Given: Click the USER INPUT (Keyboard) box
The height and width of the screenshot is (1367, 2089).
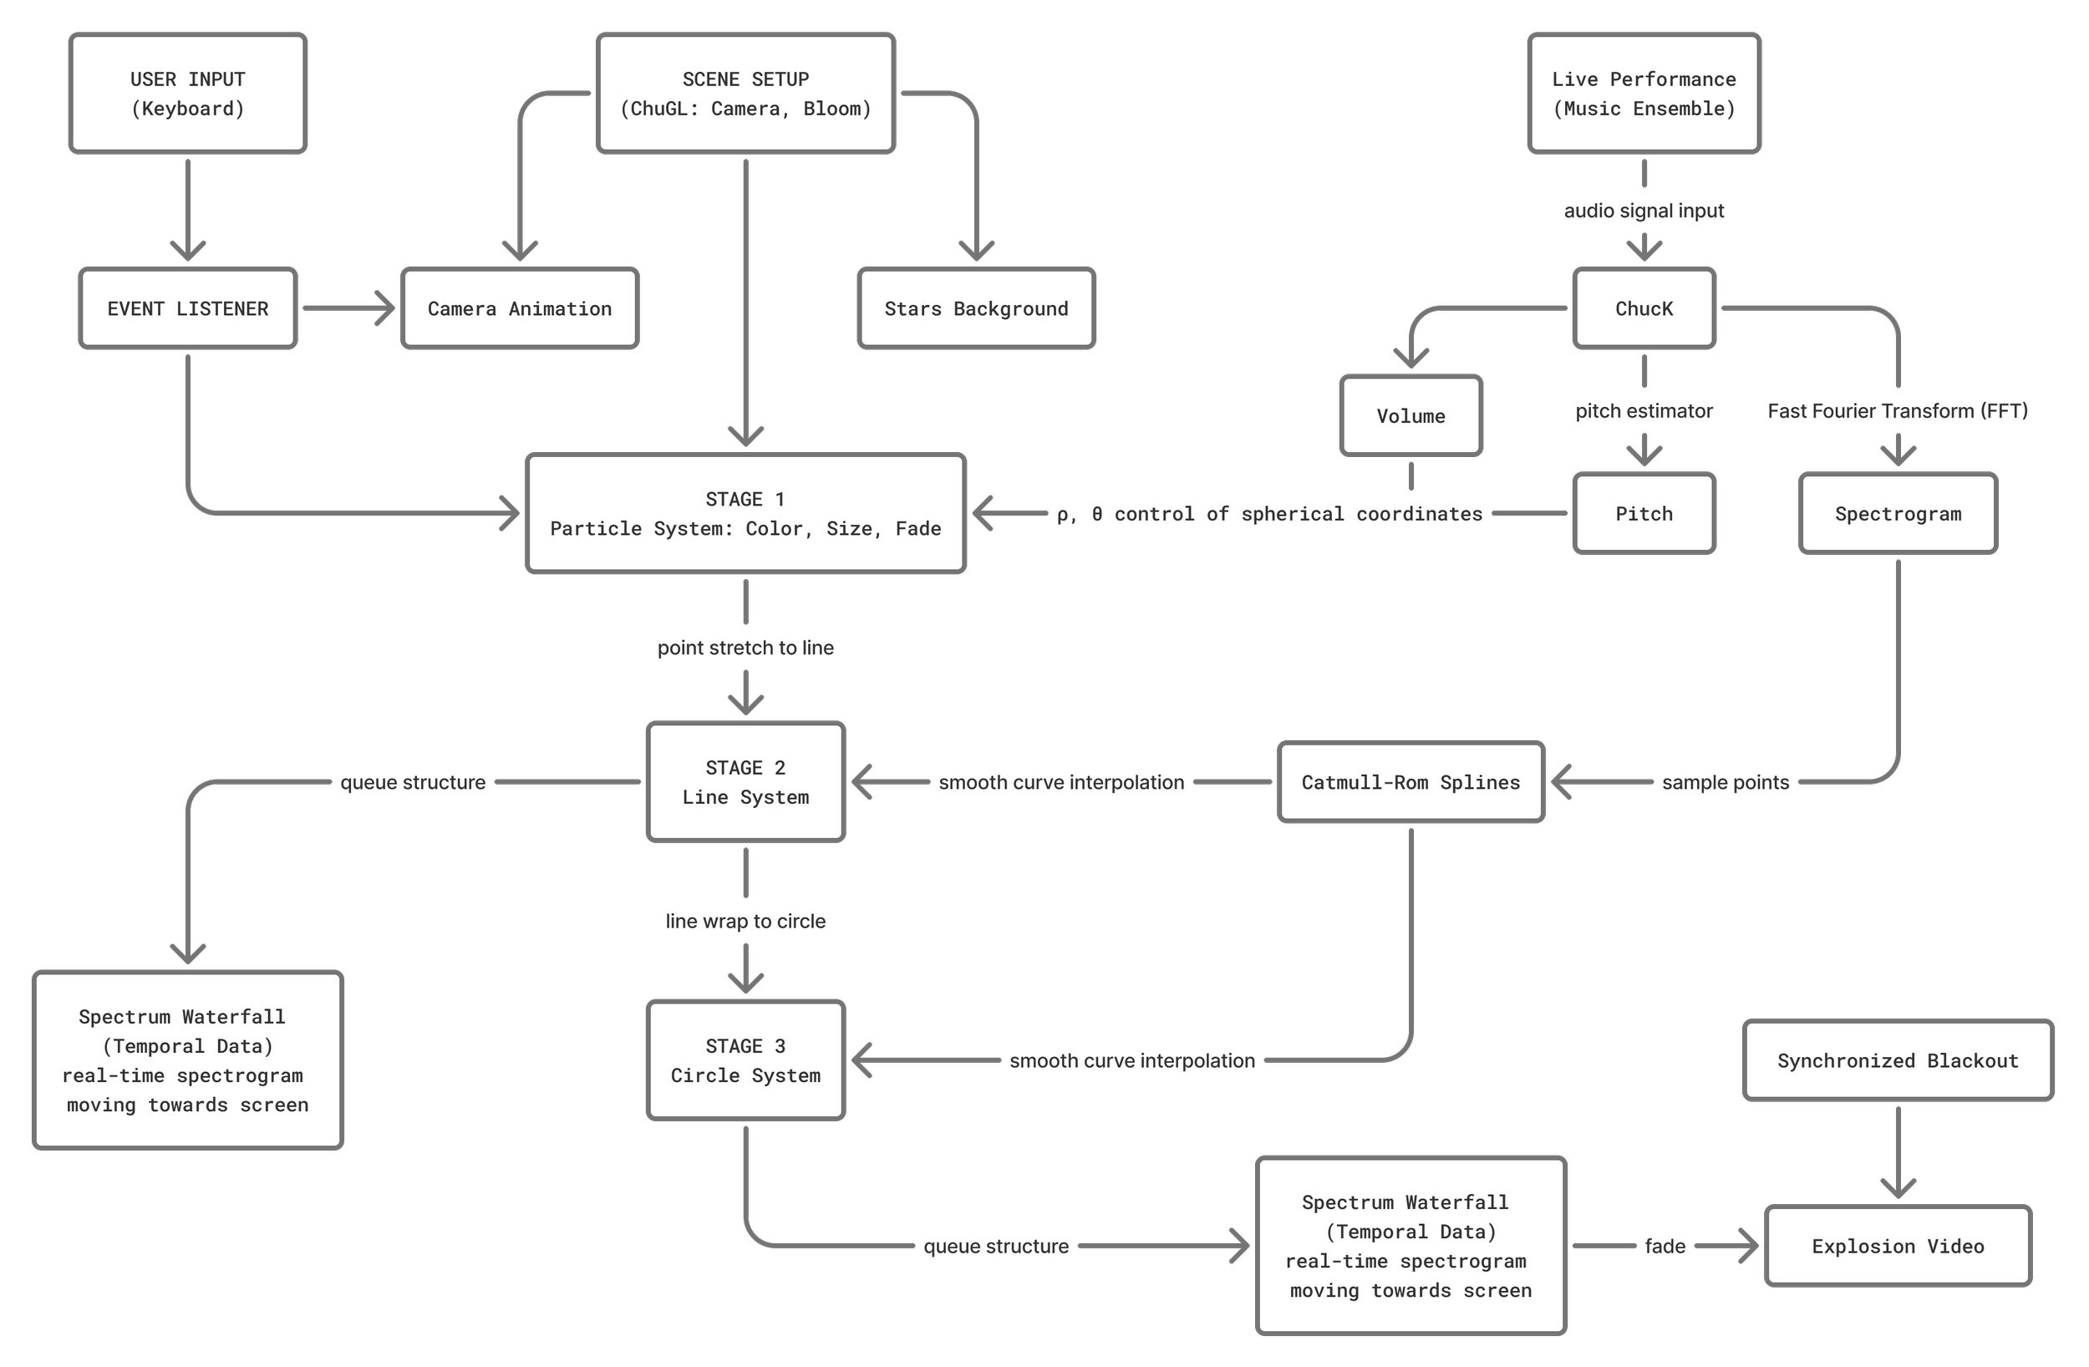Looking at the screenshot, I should pos(188,93).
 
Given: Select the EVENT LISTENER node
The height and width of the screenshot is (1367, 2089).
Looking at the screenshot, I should pos(188,308).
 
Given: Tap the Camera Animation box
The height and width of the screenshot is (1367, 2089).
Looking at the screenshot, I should pos(520,308).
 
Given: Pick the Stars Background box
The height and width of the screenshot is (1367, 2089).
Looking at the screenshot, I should pos(976,308).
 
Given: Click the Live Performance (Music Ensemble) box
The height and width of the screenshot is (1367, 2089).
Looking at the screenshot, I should pos(1644,93).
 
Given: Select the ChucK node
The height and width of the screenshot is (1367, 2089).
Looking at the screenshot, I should pos(1644,308).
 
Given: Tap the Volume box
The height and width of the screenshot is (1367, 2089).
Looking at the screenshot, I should pos(1410,416).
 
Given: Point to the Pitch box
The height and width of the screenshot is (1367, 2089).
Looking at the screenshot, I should pos(1644,514).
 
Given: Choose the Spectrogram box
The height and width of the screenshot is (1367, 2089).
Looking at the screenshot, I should pos(1898,514).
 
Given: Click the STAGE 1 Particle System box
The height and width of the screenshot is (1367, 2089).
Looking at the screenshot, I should pos(745,514).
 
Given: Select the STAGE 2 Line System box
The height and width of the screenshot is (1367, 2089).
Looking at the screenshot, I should pos(745,781).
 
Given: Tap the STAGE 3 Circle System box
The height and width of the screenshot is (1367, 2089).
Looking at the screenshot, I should pos(745,1060).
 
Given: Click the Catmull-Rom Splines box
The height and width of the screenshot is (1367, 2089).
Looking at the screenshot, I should pos(1410,781).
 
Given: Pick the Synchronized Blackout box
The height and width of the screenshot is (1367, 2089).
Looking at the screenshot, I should pos(1898,1060).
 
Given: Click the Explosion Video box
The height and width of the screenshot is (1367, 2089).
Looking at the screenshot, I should pos(1898,1246).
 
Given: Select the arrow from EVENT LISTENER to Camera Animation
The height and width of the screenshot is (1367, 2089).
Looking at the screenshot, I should pos(348,308).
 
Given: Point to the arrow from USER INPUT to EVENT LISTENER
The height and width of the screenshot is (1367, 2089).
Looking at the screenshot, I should pos(188,211).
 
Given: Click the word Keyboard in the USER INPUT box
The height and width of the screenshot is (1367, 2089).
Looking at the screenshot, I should pos(188,109).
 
